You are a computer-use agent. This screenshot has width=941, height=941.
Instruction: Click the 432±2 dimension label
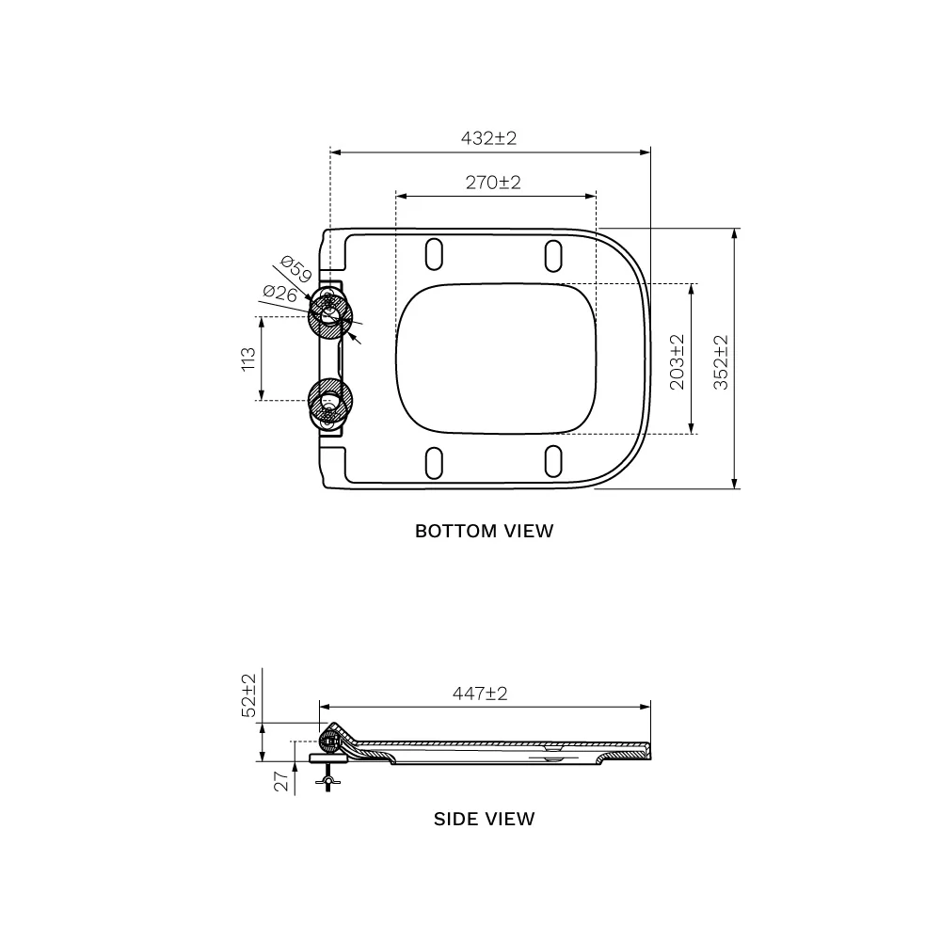[488, 138]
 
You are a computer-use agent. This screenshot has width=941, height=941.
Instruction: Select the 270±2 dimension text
[493, 182]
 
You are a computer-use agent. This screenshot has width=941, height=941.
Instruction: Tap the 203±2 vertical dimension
[677, 362]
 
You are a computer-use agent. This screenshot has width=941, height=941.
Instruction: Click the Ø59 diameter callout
[295, 269]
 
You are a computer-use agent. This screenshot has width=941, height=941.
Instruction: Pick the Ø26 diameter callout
[280, 294]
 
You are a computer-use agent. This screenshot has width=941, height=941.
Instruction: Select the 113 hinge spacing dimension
[248, 359]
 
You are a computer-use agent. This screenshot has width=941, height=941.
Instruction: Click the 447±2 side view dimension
[480, 694]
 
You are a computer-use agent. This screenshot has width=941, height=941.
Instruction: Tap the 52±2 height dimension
[248, 695]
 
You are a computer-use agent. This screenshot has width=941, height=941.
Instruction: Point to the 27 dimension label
[280, 781]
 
